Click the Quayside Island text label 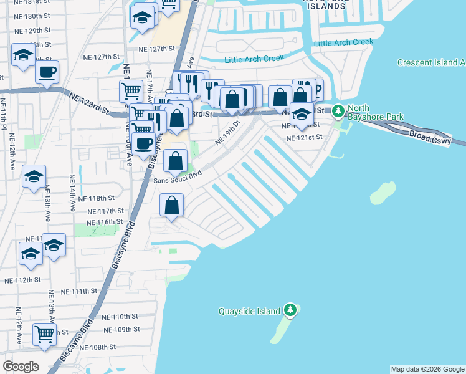[x=249, y=311]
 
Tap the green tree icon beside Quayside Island [x=290, y=310]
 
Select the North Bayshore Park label [x=376, y=112]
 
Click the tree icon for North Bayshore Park [x=338, y=111]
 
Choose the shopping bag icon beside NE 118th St [x=172, y=204]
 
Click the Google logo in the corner [x=21, y=366]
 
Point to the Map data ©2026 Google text [x=427, y=369]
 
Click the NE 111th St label [x=80, y=291]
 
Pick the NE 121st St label [x=304, y=137]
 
